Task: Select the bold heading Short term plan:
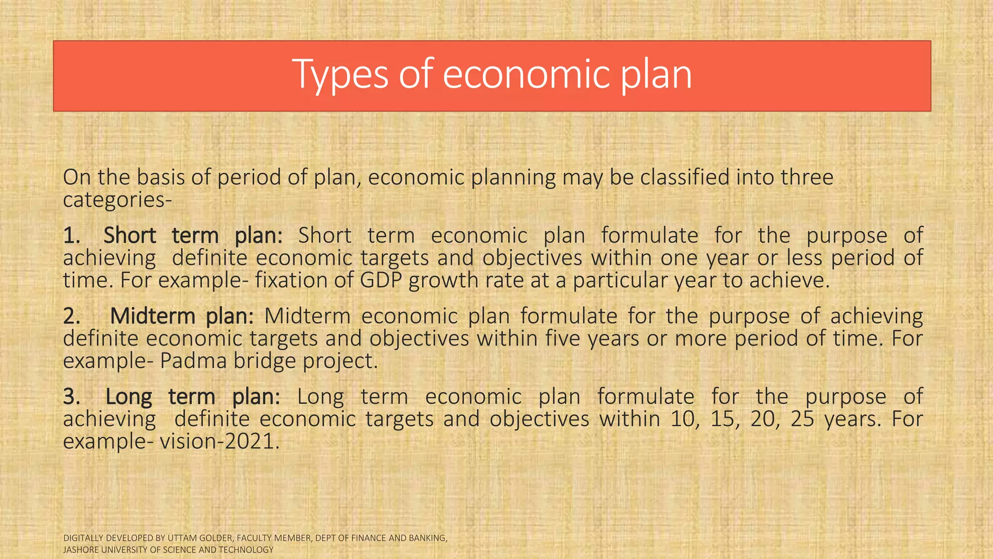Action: (x=192, y=235)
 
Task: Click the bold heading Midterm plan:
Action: (x=182, y=316)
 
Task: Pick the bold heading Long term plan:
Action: (x=192, y=396)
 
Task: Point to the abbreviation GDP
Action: (x=381, y=280)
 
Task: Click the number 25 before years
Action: (x=802, y=419)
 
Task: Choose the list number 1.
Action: (x=71, y=235)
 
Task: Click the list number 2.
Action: (x=71, y=316)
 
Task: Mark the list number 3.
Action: (x=71, y=396)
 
